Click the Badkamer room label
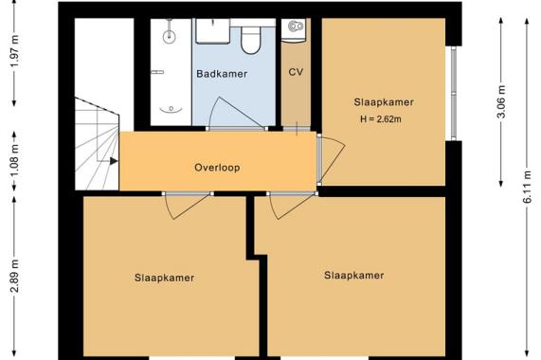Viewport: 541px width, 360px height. [222, 74]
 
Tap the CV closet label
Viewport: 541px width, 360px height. [296, 72]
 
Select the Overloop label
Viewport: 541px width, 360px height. [217, 168]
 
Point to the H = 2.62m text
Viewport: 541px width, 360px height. [381, 119]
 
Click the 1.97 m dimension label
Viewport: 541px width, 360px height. [14, 55]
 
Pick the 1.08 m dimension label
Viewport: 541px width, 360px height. [14, 162]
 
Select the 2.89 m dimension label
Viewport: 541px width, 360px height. [14, 276]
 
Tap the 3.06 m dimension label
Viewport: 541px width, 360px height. [501, 102]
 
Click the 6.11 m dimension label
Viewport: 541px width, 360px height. [527, 187]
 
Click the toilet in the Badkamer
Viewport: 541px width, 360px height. [251, 40]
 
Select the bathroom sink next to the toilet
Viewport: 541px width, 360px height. [213, 31]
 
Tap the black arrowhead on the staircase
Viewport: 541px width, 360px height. [114, 161]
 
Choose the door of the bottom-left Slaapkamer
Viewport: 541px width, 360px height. [187, 206]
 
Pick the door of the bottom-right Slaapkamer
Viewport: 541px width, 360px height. [292, 206]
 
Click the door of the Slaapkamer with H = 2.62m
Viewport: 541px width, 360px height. [332, 159]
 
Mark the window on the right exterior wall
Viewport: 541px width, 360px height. [454, 93]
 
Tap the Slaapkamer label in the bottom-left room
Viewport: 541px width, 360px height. [164, 278]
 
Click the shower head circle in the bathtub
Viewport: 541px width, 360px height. [169, 35]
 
